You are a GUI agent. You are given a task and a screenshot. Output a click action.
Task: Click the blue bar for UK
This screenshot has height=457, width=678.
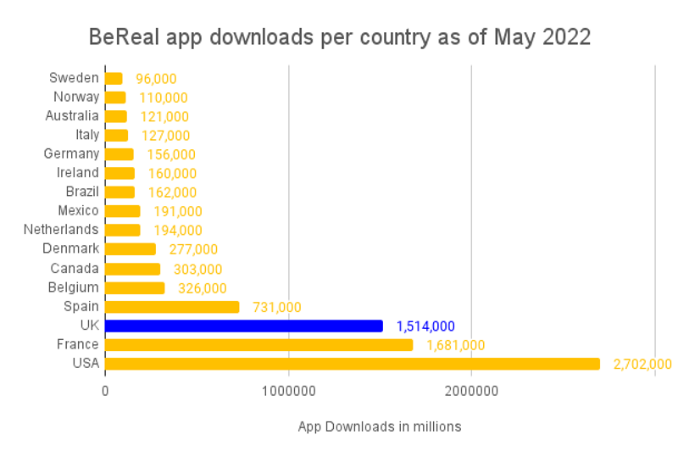tap(244, 326)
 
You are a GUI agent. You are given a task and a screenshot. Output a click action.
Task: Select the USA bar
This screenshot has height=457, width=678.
tap(352, 364)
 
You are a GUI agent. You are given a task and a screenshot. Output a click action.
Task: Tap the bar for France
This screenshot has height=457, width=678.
tap(258, 345)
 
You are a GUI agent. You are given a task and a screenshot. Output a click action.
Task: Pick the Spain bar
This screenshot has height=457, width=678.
tap(172, 307)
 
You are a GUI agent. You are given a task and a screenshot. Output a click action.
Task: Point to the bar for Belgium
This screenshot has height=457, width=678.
tap(135, 287)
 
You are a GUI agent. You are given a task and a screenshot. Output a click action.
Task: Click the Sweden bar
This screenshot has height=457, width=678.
tap(114, 79)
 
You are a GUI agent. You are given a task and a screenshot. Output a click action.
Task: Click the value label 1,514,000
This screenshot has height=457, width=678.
tap(425, 326)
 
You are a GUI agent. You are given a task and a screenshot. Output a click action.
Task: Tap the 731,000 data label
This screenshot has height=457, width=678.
tap(277, 307)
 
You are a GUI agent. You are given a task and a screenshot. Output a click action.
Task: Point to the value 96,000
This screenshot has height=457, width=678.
tap(156, 79)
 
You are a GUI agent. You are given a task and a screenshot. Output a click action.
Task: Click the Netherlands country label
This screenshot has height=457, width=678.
tap(61, 230)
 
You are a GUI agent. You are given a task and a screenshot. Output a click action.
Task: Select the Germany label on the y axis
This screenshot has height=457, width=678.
tap(71, 153)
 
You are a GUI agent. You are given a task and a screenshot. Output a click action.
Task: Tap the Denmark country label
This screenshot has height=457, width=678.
tap(71, 248)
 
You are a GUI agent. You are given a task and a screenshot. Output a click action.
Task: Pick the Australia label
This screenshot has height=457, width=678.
tap(72, 116)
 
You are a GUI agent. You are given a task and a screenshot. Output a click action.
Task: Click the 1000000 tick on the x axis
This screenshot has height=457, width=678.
tap(288, 393)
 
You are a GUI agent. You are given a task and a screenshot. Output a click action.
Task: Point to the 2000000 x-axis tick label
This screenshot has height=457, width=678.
tap(471, 393)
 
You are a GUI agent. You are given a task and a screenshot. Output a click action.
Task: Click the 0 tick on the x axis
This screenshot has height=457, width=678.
tap(105, 393)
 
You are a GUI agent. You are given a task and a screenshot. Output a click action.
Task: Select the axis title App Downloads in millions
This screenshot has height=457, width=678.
tap(380, 426)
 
